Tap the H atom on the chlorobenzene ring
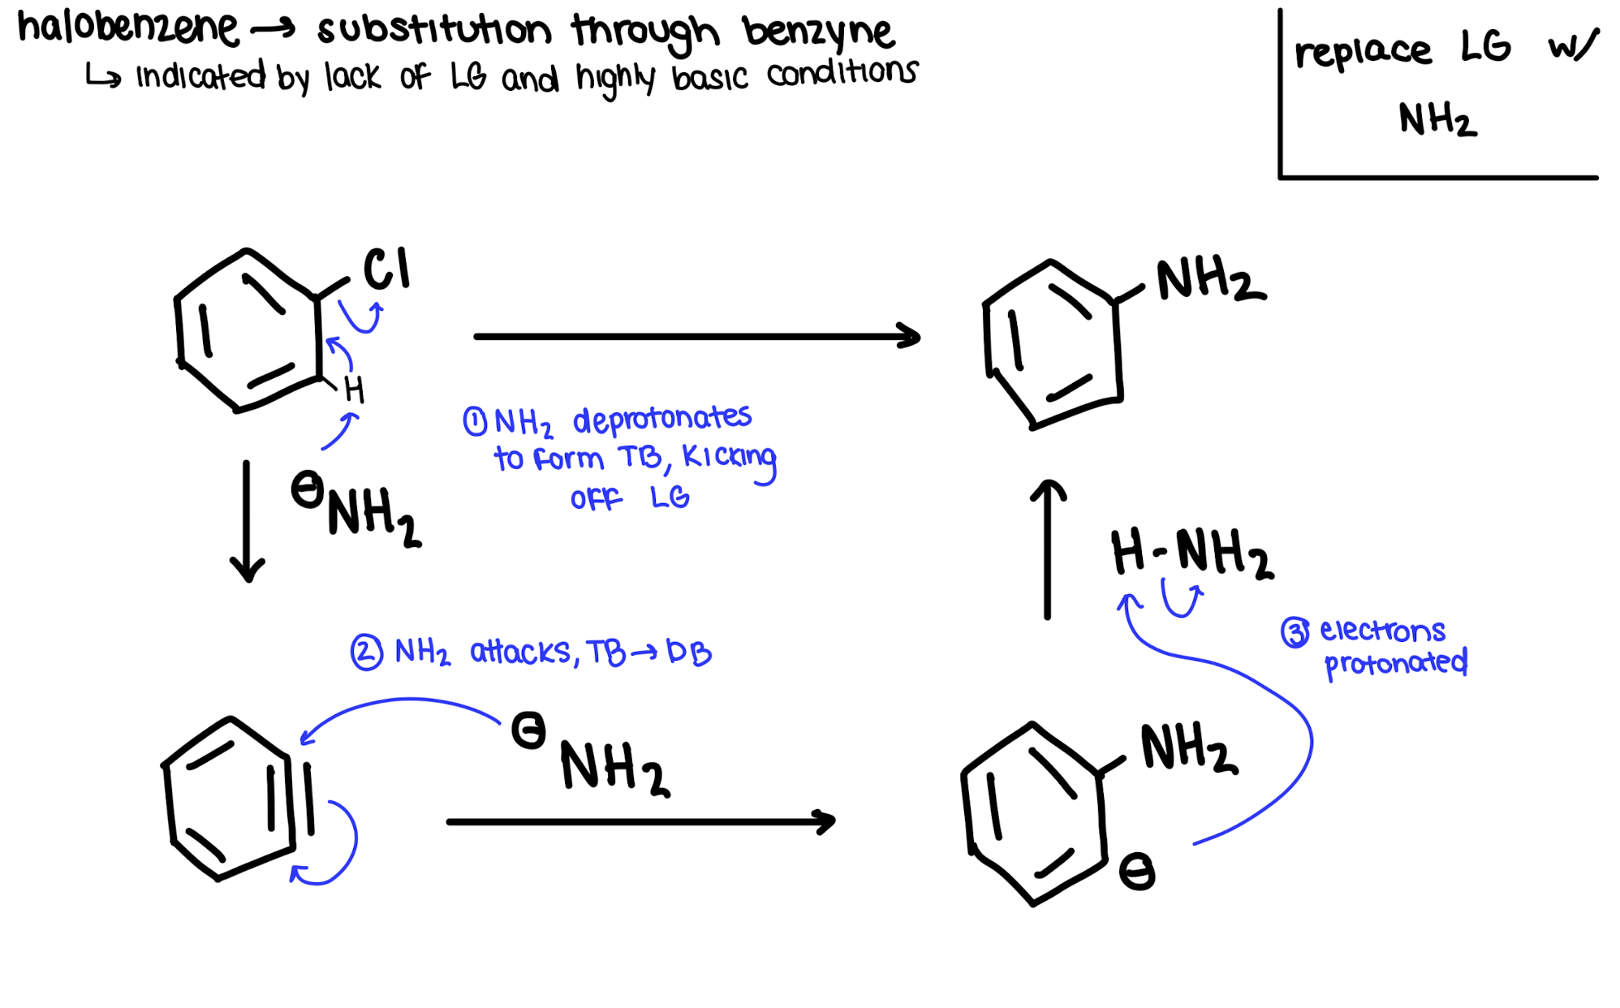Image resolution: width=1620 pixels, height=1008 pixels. click(354, 390)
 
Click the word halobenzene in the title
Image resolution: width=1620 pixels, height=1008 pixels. click(128, 28)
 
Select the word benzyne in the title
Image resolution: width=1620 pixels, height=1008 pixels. click(818, 32)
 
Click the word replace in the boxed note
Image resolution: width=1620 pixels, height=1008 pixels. click(1363, 52)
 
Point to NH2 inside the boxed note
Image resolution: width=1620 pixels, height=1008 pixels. click(1437, 120)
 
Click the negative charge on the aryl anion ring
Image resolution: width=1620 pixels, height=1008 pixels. click(1136, 872)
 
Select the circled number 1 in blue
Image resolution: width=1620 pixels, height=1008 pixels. click(475, 421)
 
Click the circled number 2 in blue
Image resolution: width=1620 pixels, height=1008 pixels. click(367, 653)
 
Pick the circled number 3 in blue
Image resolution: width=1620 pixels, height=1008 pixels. click(1295, 632)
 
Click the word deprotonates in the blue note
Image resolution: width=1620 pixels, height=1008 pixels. click(662, 419)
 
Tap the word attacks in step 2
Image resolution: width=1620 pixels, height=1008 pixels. click(521, 652)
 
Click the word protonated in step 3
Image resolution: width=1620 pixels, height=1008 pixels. click(1396, 664)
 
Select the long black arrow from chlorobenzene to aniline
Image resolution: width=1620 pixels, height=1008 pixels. click(696, 336)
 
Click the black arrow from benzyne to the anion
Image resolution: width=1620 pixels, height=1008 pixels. click(640, 822)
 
